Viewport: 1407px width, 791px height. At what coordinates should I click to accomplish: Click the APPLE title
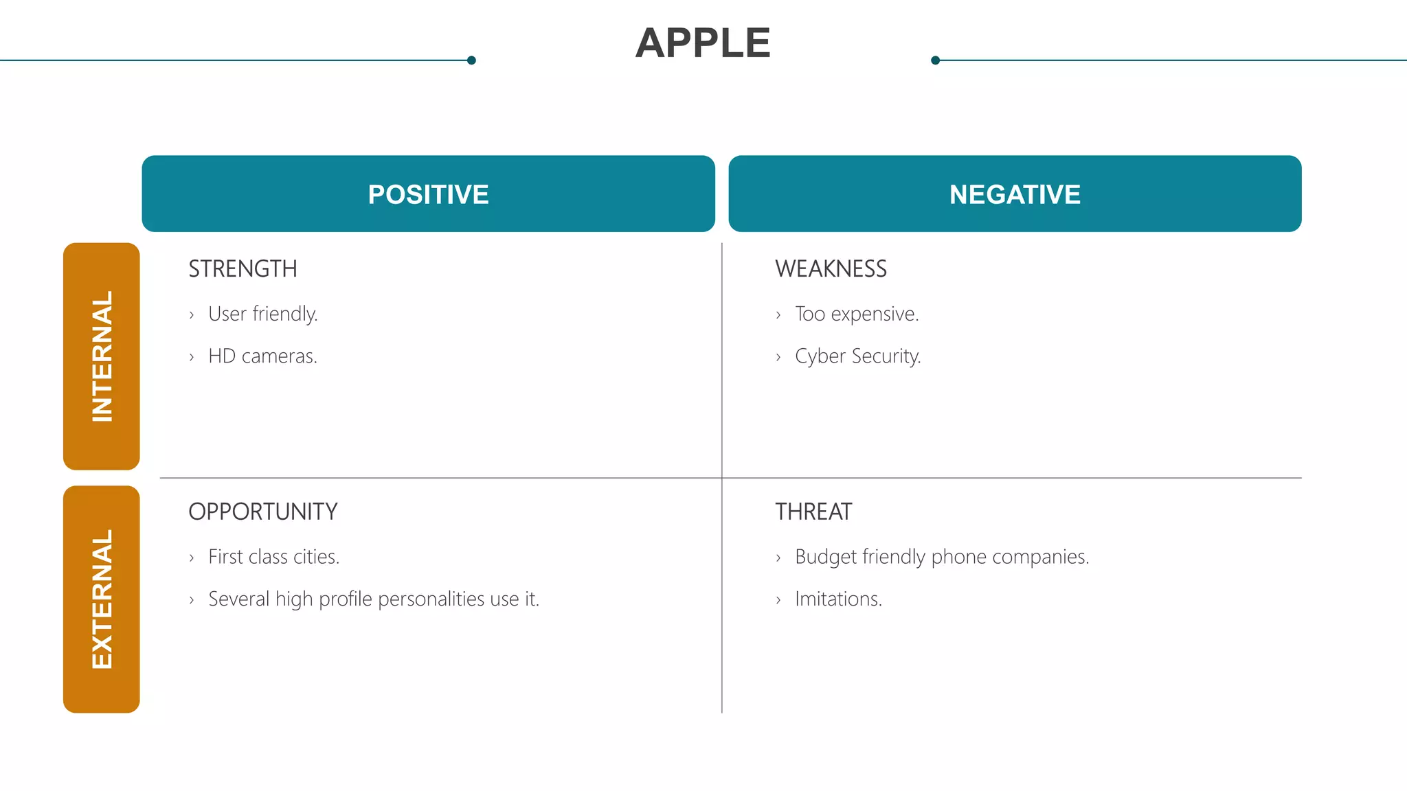point(703,43)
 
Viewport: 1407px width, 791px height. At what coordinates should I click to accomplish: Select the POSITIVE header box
point(428,194)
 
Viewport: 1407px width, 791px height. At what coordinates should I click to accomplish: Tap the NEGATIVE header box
point(1015,194)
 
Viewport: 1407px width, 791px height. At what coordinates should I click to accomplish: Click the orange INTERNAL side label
point(102,356)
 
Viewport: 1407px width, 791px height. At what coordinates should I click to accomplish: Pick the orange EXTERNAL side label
point(102,599)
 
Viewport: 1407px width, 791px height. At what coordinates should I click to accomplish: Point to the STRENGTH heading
point(243,268)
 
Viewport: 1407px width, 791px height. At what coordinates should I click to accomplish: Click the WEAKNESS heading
point(831,268)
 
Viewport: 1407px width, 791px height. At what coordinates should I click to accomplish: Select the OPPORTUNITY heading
point(262,512)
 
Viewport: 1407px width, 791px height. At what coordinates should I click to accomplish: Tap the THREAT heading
point(813,512)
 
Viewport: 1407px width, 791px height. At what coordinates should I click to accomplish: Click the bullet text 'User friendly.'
point(262,314)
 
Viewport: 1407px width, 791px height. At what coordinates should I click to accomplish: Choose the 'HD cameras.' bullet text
point(262,356)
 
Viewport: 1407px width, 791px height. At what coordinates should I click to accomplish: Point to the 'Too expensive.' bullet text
point(857,314)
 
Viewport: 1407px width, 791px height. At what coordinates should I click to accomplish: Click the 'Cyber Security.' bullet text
point(857,356)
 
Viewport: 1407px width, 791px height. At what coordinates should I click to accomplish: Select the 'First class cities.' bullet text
point(273,557)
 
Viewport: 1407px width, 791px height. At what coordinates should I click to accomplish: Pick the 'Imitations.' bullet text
point(838,599)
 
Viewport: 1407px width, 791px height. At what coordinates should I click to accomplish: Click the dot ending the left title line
point(471,60)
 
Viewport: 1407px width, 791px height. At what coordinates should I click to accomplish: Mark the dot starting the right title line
point(935,60)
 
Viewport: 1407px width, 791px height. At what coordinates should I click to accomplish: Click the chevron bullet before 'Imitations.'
point(778,600)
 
